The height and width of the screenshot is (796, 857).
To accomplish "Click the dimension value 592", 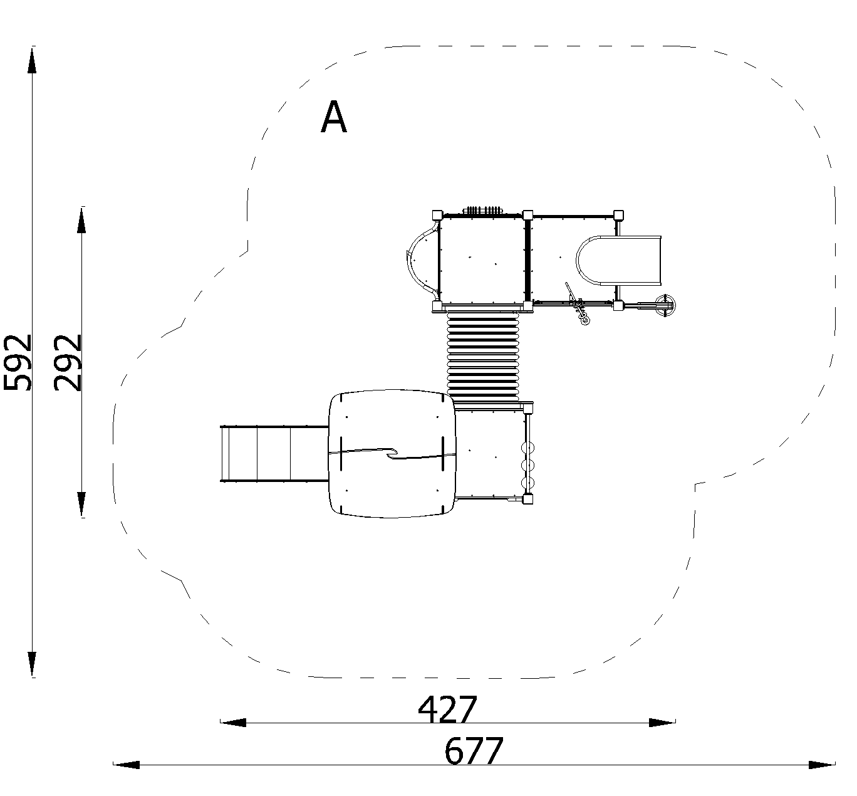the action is point(18,362).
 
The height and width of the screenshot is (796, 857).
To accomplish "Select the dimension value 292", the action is point(68,362).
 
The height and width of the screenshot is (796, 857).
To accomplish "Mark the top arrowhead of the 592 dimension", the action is point(32,60).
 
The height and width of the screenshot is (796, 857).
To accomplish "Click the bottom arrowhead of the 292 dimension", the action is point(81,504).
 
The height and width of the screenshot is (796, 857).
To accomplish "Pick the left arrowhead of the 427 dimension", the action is point(233,723).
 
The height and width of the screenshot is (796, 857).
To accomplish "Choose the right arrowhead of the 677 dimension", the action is point(822,765).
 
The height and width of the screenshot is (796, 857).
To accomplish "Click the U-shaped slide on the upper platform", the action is point(618,261).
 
